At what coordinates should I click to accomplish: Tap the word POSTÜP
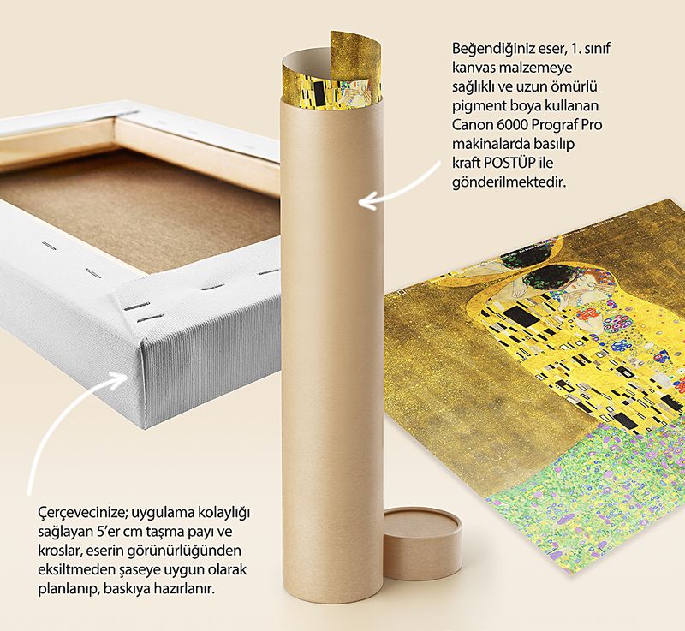[509, 163]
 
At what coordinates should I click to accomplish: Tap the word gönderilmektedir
[509, 182]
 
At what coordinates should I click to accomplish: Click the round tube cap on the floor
[422, 542]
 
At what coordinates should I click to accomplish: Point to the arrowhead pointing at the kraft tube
[367, 203]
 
